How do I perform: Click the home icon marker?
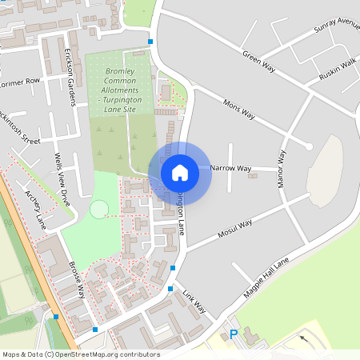tap(180, 172)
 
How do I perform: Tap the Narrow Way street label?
tap(230, 169)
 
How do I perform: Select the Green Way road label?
tap(258, 63)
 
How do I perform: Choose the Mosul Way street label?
tap(235, 229)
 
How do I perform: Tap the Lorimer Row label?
tap(19, 82)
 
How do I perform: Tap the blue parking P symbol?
tap(234, 335)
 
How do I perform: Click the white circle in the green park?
tap(99, 210)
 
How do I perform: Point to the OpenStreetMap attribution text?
tap(80, 354)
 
